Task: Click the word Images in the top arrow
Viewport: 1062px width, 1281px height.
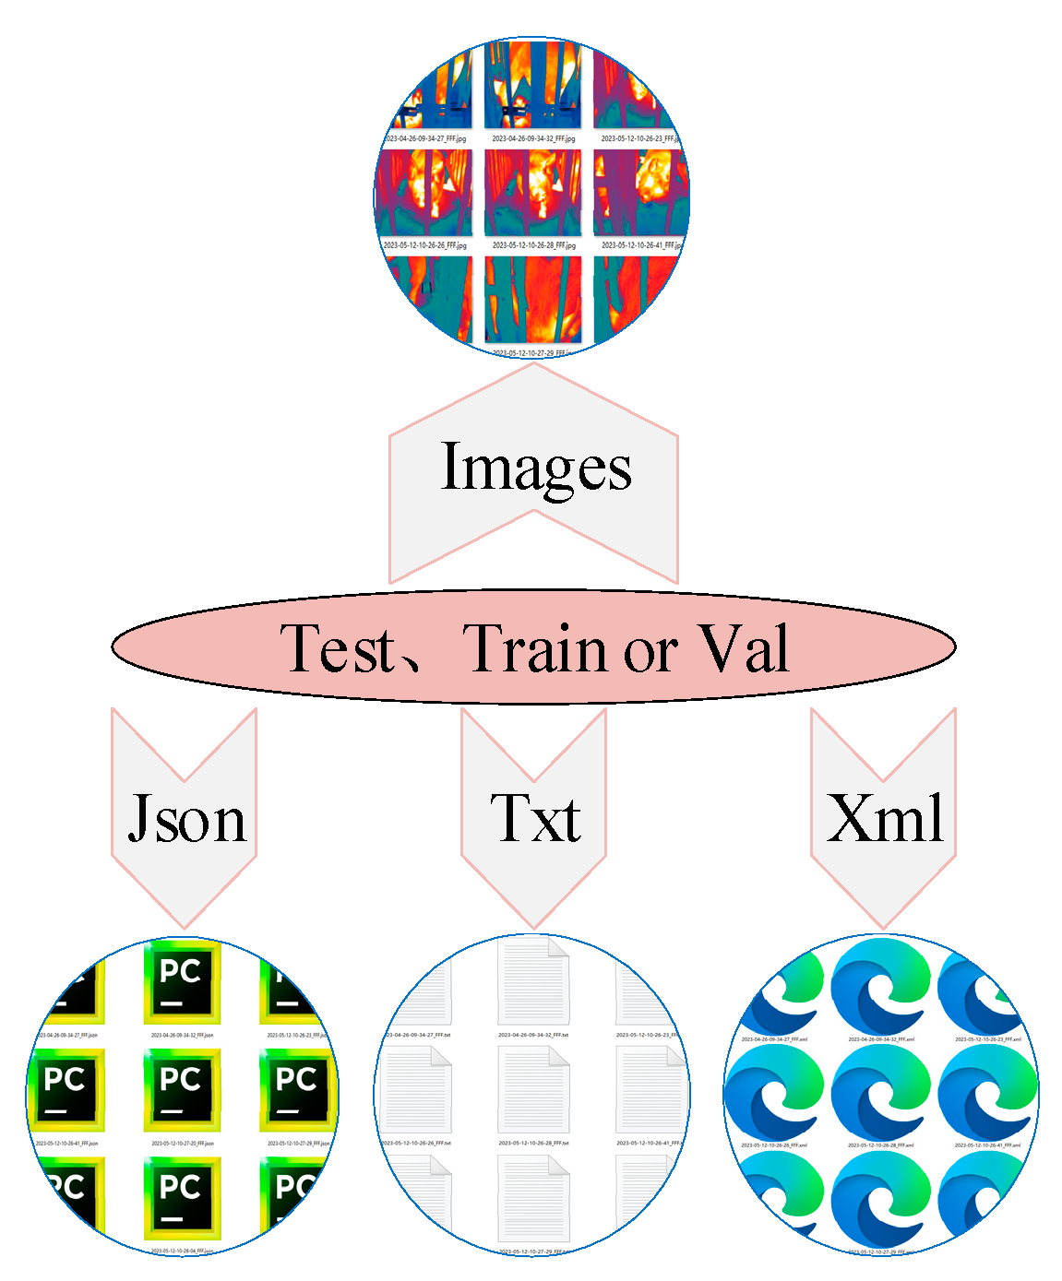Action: coord(536,469)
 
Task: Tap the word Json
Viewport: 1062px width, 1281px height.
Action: coord(187,819)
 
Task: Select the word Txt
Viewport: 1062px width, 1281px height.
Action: coord(535,818)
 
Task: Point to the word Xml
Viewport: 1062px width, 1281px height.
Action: coord(885,818)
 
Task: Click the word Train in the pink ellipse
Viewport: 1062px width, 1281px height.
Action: coord(534,648)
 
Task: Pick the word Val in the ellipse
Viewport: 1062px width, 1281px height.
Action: coord(743,648)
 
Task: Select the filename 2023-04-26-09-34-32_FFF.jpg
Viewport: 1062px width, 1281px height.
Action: coord(533,139)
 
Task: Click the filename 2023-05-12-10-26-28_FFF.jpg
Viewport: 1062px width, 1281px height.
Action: coord(533,246)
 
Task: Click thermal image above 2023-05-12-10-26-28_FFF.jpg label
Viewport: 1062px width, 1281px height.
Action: coord(533,193)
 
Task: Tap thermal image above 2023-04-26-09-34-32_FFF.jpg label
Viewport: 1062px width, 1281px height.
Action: coord(533,85)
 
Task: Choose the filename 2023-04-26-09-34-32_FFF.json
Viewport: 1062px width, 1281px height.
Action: coord(182,1036)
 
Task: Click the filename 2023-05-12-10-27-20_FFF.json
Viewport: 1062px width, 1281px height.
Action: coord(182,1144)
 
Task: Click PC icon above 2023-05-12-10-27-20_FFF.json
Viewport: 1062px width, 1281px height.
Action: coord(182,1090)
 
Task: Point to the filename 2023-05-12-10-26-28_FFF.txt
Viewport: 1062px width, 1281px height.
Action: coord(533,1144)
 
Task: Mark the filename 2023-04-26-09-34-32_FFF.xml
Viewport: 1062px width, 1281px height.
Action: coord(881,1039)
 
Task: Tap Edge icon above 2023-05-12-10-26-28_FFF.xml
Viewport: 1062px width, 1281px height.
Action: coord(881,1093)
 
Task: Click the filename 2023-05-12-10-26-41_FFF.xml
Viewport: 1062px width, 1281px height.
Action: coord(987,1145)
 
